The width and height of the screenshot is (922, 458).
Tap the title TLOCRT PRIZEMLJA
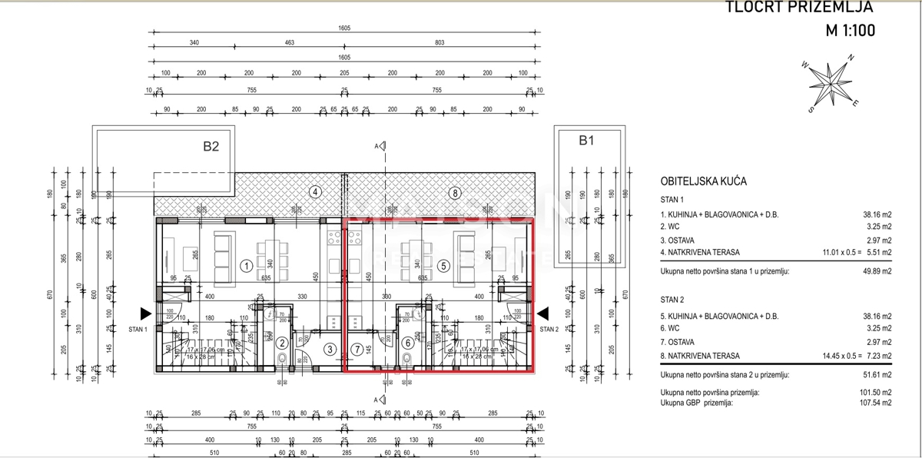pos(800,8)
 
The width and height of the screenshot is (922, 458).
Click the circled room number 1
pos(247,267)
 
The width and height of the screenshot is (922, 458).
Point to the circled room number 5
pos(443,267)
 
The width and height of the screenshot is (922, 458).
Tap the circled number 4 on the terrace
pos(314,192)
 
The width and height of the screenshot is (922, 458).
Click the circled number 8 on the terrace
pos(455,193)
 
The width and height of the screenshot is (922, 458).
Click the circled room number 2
pos(283,343)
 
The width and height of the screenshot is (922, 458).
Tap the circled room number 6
pos(407,343)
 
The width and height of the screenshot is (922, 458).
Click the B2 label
pos(211,145)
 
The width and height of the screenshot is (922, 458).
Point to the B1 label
pos(586,140)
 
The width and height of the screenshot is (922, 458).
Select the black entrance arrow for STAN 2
pos(543,314)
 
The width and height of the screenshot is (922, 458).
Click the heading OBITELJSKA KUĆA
pos(704,182)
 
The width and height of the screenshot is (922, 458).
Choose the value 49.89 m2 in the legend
pos(876,271)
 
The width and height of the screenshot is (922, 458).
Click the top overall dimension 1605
pos(343,28)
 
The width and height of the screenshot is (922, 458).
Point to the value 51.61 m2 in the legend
pos(876,375)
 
